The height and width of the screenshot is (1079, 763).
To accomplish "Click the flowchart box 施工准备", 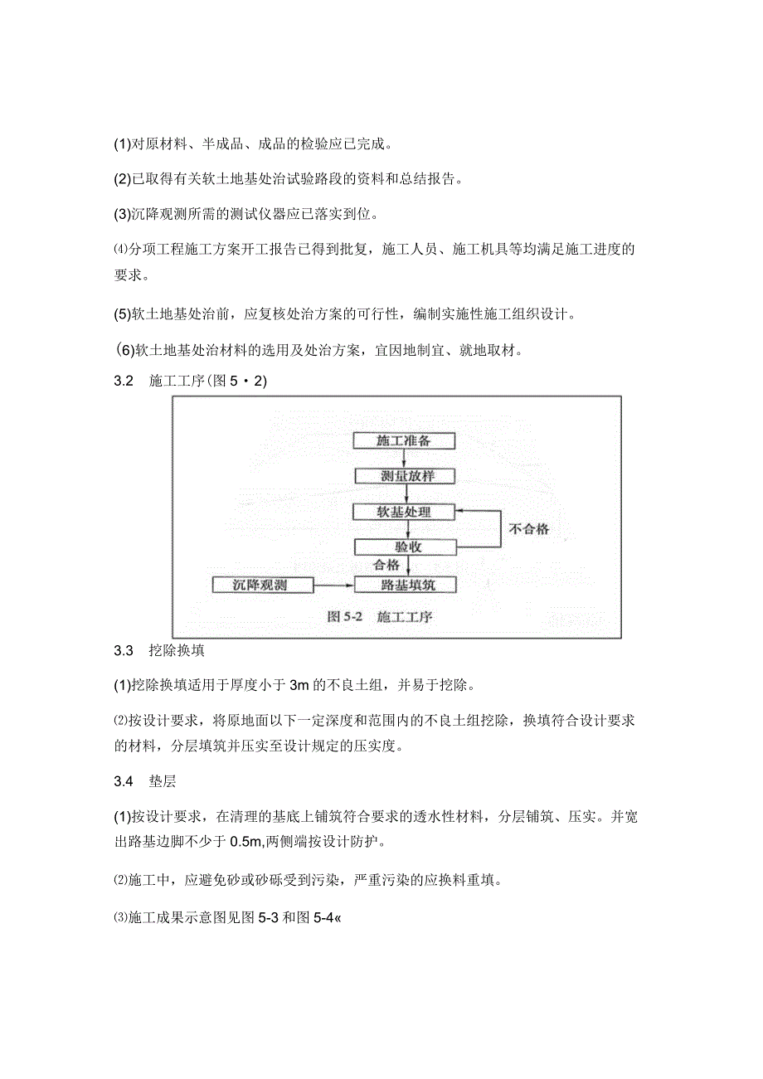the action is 404,440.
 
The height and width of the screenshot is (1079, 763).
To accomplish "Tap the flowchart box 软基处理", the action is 404,511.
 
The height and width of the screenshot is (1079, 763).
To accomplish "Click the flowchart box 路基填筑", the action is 405,585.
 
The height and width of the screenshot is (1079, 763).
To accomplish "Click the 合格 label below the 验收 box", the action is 386,565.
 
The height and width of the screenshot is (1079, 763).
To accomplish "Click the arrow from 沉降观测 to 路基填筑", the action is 333,585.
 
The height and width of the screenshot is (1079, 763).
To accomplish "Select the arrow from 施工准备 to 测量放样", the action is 404,459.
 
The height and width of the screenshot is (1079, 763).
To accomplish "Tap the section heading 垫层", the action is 163,782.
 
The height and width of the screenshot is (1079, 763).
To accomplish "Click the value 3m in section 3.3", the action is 299,685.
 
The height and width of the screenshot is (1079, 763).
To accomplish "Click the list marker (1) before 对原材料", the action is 122,144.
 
